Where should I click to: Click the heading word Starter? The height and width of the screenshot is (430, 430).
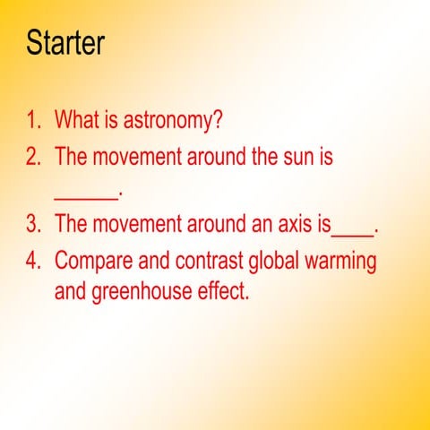tap(65, 42)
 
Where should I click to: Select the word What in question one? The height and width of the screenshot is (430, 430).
tap(74, 119)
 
